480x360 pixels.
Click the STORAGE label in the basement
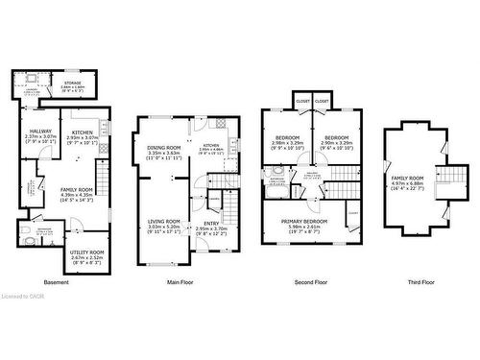[73, 84]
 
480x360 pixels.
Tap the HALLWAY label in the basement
[40, 131]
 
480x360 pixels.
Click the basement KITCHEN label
[80, 131]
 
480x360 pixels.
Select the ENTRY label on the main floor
[210, 223]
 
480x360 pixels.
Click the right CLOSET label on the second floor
[322, 101]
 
